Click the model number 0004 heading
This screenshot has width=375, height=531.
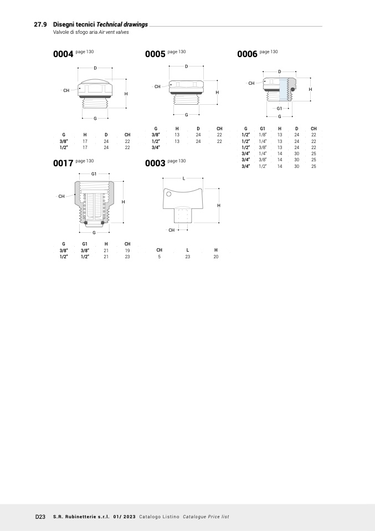[63, 54]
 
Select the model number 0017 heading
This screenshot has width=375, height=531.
[63, 163]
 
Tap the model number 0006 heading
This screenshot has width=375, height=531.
[248, 54]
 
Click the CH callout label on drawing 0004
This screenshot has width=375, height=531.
[66, 90]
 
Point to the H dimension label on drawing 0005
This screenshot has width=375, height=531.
[217, 93]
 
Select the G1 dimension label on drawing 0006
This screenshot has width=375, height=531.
[279, 109]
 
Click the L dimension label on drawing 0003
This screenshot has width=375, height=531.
[184, 178]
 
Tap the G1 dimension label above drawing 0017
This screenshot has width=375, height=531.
[94, 174]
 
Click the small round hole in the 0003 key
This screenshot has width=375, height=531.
[168, 194]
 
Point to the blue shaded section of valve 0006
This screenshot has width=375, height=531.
[283, 89]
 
